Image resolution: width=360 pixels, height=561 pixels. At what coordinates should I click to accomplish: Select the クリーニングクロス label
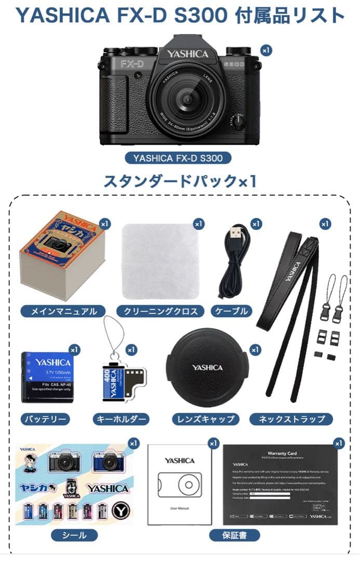point(161,312)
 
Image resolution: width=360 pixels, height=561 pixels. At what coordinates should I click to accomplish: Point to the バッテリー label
point(45,419)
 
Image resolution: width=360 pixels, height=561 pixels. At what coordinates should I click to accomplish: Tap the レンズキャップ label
point(206,419)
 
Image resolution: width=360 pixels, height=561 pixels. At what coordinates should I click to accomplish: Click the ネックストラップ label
point(291,419)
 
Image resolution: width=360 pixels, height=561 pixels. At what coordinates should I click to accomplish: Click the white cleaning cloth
point(161,261)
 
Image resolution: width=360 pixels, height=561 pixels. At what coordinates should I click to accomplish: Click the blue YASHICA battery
point(47,376)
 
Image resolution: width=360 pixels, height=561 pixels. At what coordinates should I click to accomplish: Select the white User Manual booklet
point(180,484)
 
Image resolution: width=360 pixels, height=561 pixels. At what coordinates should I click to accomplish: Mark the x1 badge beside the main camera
point(266,50)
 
